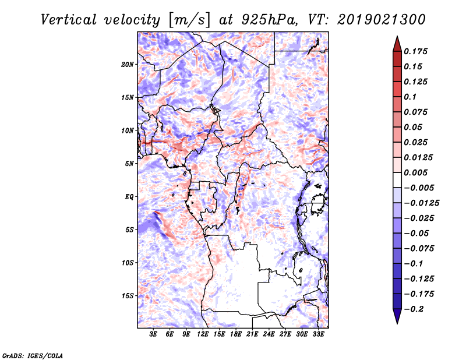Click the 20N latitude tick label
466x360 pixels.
(128, 65)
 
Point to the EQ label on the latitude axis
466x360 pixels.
(129, 197)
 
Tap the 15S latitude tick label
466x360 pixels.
(128, 296)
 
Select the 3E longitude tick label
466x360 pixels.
(153, 334)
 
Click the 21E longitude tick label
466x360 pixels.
(252, 334)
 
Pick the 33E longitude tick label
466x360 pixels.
(318, 334)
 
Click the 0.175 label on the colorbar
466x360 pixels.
(415, 51)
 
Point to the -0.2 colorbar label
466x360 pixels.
(414, 309)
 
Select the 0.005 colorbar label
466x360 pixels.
(415, 172)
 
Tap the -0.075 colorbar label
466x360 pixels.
(419, 249)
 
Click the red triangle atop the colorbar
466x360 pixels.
(397, 44)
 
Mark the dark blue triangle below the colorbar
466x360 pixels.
(397, 316)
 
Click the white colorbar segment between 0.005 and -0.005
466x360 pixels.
(397, 180)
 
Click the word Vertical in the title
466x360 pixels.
(68, 20)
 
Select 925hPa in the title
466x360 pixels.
(269, 20)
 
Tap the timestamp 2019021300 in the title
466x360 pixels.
(382, 20)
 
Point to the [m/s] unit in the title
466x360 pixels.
(189, 20)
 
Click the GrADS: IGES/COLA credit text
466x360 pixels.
(33, 355)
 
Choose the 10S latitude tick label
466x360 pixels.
(128, 263)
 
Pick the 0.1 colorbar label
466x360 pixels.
(410, 97)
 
